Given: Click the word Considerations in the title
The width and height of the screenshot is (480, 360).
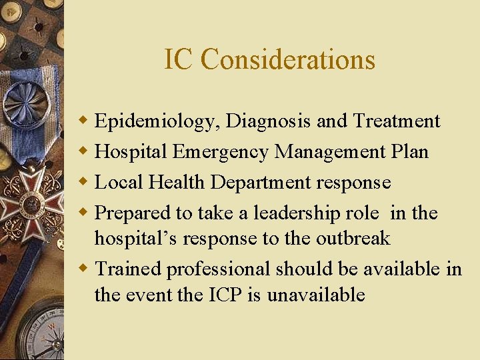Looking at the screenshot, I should click(x=288, y=59).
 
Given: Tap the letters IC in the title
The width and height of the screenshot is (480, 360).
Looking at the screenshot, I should click(x=179, y=59).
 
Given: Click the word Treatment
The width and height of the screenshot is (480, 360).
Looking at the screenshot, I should click(x=397, y=121).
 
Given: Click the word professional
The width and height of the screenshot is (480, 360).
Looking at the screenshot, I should click(x=218, y=269).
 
